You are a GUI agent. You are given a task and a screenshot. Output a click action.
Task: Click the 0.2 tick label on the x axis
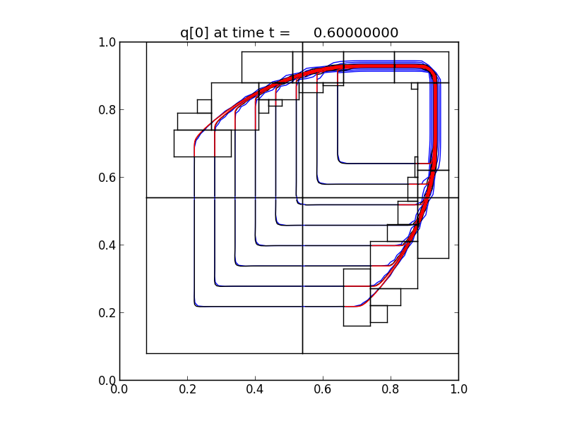click(187, 388)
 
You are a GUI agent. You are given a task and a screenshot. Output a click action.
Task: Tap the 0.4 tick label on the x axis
click(255, 388)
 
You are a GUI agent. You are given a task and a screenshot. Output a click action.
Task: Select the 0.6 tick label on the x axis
click(323, 388)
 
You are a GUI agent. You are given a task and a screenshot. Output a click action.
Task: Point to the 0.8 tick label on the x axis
click(391, 388)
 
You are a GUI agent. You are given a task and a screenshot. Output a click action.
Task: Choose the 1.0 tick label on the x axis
click(458, 388)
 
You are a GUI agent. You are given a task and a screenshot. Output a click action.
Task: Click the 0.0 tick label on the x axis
click(119, 388)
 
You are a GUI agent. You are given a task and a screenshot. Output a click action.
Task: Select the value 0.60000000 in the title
click(356, 32)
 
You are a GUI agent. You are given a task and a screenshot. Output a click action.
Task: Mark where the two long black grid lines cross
click(302, 198)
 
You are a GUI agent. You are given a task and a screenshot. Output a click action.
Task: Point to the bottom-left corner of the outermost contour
click(196, 305)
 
